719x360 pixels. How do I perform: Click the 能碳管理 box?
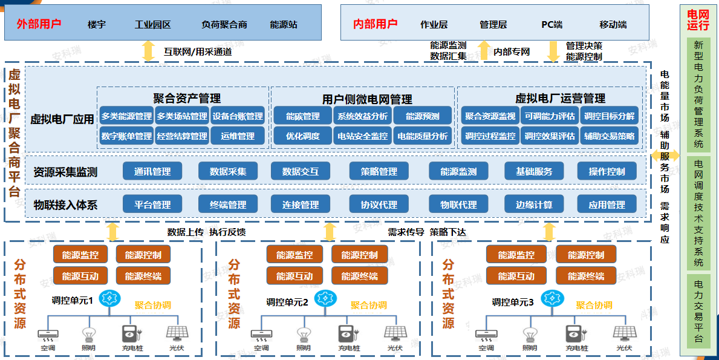pyautogui.click(x=302, y=117)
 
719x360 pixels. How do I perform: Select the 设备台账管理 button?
pyautogui.click(x=238, y=117)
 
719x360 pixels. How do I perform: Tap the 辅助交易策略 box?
pyautogui.click(x=609, y=136)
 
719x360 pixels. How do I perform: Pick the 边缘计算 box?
pyautogui.click(x=534, y=205)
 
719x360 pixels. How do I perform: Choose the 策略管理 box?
pyautogui.click(x=379, y=171)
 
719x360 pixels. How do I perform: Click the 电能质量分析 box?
pyautogui.click(x=422, y=136)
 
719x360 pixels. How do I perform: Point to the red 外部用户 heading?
pyautogui.click(x=39, y=24)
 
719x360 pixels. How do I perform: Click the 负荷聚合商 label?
pyautogui.click(x=224, y=25)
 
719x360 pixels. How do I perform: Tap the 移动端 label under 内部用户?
pyautogui.click(x=613, y=25)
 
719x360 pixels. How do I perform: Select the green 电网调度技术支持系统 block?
pyautogui.click(x=698, y=213)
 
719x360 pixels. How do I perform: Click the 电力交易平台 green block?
pyautogui.click(x=698, y=312)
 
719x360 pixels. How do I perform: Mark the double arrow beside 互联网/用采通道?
pyautogui.click(x=148, y=51)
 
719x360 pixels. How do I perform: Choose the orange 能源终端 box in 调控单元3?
pyautogui.click(x=585, y=276)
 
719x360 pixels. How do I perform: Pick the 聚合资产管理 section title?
pyautogui.click(x=187, y=98)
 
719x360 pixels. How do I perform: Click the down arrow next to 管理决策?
pyautogui.click(x=553, y=51)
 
